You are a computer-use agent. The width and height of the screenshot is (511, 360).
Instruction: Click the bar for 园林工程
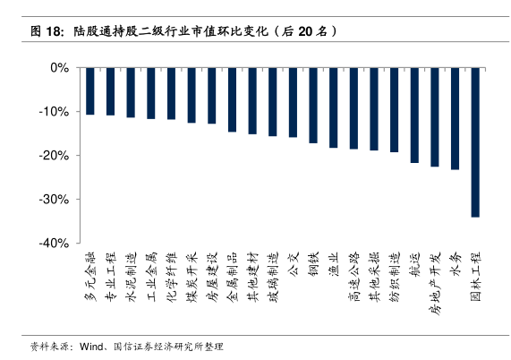[475, 142]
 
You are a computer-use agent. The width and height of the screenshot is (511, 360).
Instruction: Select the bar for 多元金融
[90, 91]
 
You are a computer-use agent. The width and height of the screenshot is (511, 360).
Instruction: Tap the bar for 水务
[455, 119]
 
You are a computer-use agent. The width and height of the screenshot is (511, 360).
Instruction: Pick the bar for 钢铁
[313, 106]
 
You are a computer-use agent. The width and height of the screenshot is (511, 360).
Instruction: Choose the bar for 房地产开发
[435, 117]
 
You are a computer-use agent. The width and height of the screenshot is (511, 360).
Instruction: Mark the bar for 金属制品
[232, 99]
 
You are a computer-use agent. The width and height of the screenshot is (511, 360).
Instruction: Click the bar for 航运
[414, 116]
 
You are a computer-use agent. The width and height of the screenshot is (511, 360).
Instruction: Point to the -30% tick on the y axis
[78, 199]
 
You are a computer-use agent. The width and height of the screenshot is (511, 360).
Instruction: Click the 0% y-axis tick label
[60, 68]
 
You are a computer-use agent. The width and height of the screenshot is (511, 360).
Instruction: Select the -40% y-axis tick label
[54, 244]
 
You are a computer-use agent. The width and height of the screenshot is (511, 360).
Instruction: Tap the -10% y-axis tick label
[54, 112]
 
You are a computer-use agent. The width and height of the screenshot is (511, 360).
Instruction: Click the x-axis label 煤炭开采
[192, 277]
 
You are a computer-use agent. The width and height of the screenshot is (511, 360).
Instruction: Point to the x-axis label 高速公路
[353, 277]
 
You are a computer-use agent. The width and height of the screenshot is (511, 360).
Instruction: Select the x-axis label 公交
[293, 264]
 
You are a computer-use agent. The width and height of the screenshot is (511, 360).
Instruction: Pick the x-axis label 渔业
[334, 264]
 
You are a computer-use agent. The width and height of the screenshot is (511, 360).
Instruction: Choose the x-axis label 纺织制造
[395, 277]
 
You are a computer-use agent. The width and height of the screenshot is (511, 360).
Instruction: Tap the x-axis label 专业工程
[110, 277]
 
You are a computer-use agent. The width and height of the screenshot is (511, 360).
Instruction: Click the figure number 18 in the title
[53, 31]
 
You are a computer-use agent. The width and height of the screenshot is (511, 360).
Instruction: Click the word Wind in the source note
[91, 347]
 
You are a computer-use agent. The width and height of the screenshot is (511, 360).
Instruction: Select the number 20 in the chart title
[305, 31]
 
